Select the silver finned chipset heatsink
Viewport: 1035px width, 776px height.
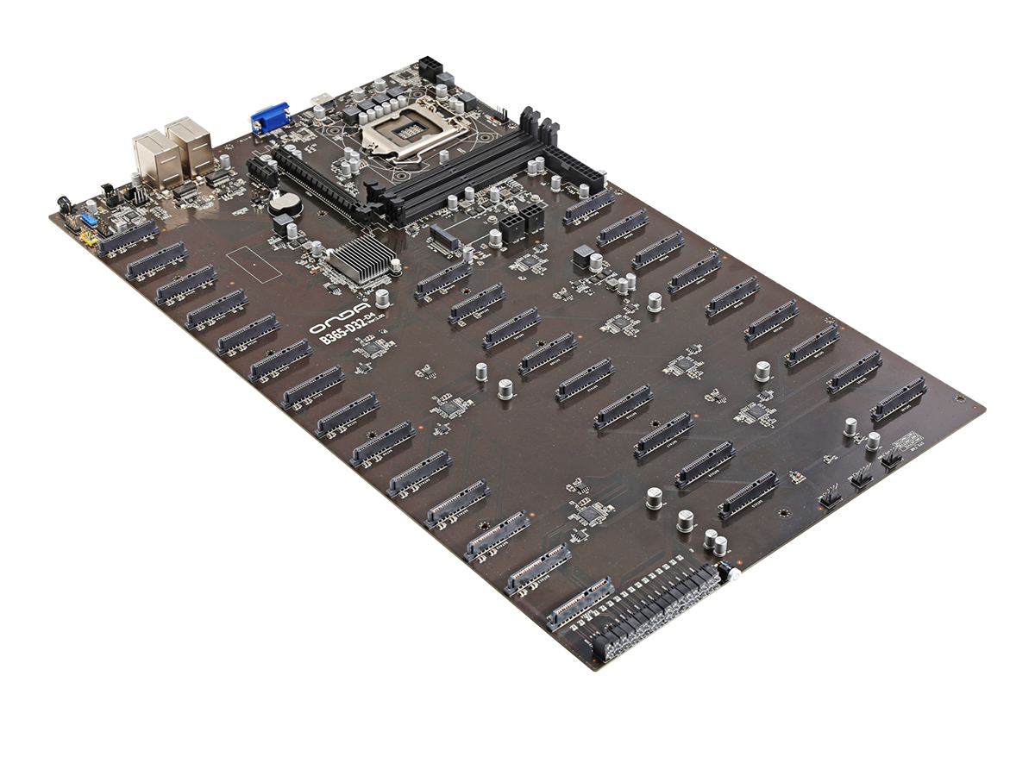click(x=361, y=259)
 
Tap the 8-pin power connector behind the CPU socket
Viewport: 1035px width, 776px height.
click(x=429, y=66)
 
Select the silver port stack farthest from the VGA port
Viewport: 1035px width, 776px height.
click(x=153, y=159)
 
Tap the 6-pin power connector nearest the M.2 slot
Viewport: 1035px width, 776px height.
click(x=511, y=224)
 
